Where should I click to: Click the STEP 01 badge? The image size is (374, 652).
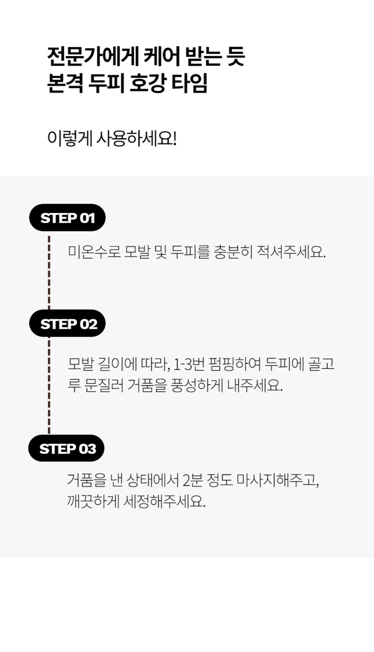[67, 218]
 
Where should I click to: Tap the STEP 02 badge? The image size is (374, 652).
[67, 324]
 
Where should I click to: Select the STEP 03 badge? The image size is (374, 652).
[66, 449]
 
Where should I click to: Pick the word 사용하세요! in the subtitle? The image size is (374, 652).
[137, 139]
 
